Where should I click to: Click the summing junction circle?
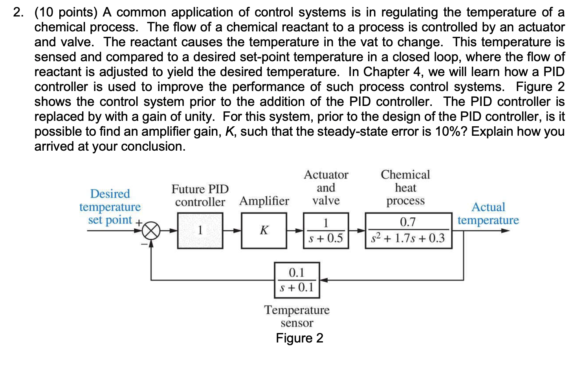[151, 231]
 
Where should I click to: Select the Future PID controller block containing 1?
[200, 231]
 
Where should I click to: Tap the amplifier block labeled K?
[264, 231]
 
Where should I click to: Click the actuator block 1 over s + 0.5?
[326, 231]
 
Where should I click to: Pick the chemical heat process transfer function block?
[408, 231]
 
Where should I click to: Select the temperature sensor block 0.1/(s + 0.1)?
[297, 280]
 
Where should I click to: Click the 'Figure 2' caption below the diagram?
[299, 338]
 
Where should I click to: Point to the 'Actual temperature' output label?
[488, 214]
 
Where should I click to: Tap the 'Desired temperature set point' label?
[110, 207]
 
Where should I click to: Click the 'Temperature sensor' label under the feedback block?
[297, 316]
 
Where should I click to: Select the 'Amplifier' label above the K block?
[264, 201]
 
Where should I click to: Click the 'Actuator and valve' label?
[326, 188]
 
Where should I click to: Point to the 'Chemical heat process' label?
[405, 188]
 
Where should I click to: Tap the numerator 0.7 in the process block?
[408, 222]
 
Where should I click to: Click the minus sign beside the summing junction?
[144, 244]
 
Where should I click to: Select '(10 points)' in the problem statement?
[66, 12]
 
